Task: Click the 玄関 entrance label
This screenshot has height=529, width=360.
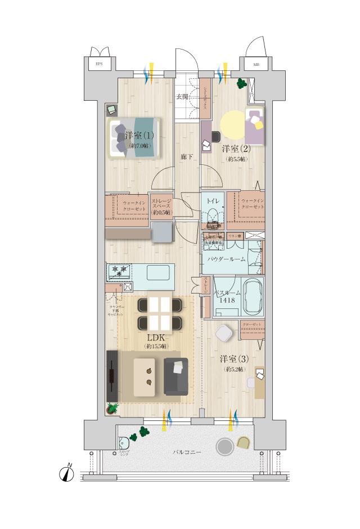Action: point(182,97)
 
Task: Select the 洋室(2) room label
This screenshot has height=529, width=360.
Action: point(236,149)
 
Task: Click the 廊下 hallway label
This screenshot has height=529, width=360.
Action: point(187,158)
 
